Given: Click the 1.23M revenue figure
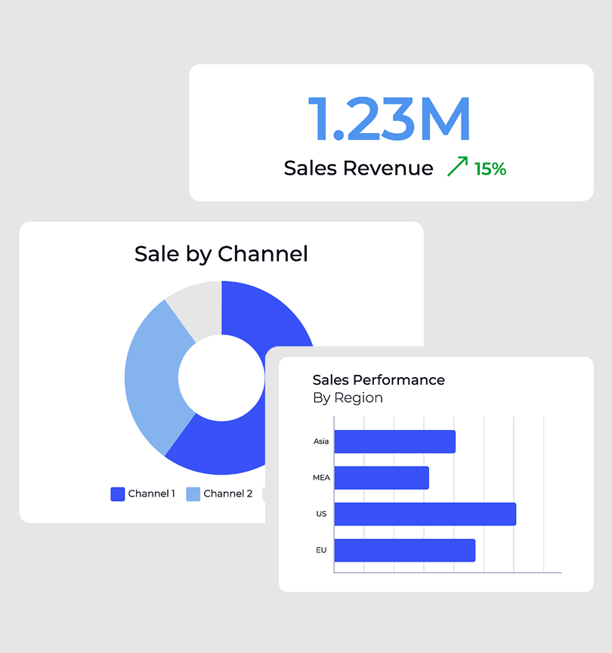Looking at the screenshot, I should [389, 119].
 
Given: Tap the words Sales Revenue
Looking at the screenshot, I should [358, 168].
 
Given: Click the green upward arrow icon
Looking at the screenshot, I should [457, 166].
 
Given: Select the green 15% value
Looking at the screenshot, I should [490, 169].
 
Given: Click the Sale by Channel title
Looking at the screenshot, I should [221, 253].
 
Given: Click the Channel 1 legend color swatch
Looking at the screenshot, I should [118, 494].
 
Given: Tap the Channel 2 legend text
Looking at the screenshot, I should [228, 494].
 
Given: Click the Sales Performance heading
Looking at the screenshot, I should [379, 379].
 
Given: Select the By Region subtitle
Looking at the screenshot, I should [348, 398].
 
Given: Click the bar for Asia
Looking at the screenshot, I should [394, 441].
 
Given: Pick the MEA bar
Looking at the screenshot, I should [382, 478].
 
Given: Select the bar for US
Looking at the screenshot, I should [425, 514].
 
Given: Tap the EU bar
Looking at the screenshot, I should [404, 550].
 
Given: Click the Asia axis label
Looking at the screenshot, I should [321, 441].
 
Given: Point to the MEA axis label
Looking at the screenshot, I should [321, 478].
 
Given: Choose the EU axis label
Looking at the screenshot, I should [321, 550].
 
